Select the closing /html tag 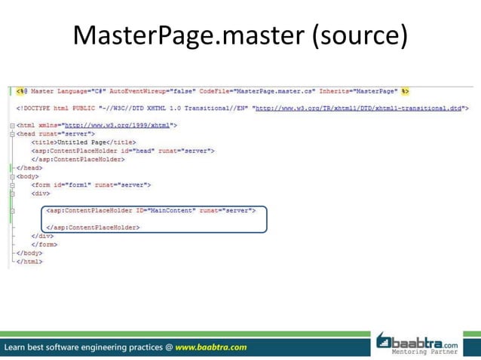pyautogui.click(x=29, y=261)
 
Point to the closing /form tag pyautogui.click(x=44, y=244)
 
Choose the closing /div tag pyautogui.click(x=42, y=236)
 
